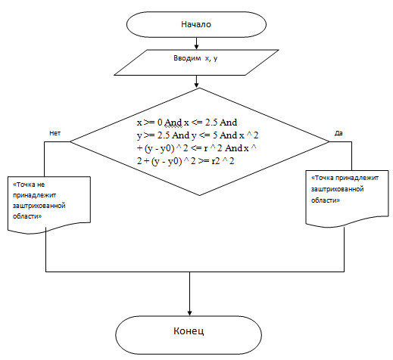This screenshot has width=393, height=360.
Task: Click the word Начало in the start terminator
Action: pos(196,24)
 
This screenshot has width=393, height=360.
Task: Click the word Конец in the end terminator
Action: pos(189,331)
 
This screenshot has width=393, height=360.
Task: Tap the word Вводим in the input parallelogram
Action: pos(187,58)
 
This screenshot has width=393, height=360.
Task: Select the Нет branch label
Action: pos(55,133)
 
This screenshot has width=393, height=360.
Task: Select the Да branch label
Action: pos(338,133)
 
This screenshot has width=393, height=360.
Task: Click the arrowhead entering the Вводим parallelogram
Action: pos(196,47)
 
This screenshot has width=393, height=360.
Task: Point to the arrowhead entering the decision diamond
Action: pos(196,85)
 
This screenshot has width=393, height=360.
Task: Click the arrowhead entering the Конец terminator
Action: pos(189,313)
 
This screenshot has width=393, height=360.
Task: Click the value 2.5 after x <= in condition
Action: pos(211,123)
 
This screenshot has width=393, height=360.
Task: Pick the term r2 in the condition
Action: pos(216,161)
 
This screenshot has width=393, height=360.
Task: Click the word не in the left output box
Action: pos(40,185)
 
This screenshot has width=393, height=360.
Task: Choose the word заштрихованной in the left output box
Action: pos(39,206)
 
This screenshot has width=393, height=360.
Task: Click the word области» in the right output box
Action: pos(326,200)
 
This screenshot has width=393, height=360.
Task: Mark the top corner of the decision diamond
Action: pos(199,88)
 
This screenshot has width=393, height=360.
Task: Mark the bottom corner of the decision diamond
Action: pos(199,195)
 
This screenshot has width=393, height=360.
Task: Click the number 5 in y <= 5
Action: pos(215,135)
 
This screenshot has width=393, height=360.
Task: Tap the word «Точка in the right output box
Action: pos(323,178)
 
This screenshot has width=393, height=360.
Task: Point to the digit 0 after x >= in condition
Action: pos(160,123)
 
